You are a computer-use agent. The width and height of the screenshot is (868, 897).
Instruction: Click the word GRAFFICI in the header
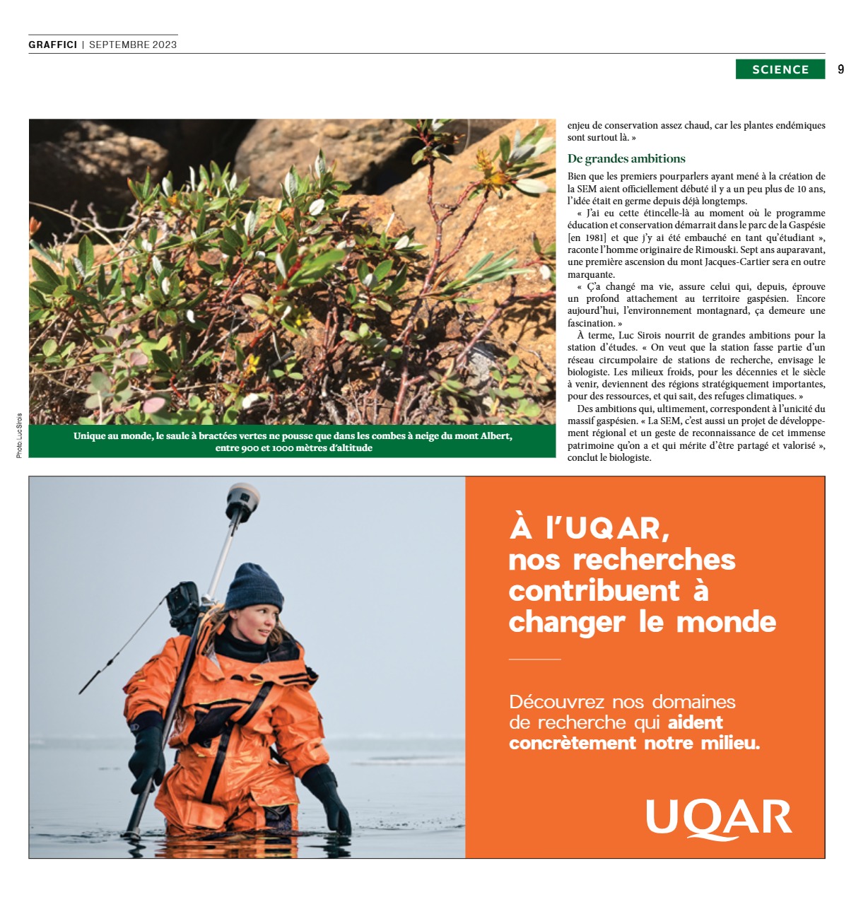coord(53,45)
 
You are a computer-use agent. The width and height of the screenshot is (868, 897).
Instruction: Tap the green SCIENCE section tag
coord(780,69)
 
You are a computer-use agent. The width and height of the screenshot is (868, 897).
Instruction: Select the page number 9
coord(840,69)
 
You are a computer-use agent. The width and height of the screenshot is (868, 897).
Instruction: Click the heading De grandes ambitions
coord(626,158)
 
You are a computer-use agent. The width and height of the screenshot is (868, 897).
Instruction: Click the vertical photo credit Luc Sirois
coord(19,435)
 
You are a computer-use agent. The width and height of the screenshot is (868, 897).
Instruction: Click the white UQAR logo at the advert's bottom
coord(718,819)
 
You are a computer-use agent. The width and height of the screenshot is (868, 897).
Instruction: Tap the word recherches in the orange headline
coord(654,560)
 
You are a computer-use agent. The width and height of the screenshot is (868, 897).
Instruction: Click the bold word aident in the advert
coord(696,722)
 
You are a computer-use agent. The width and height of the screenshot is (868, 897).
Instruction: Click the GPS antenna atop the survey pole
coord(242,501)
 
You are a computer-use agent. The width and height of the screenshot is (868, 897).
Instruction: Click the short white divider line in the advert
coord(534,659)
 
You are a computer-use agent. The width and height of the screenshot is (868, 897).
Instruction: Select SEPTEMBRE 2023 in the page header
coord(133,45)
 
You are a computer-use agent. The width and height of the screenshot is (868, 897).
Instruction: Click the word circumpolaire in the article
coord(624,360)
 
